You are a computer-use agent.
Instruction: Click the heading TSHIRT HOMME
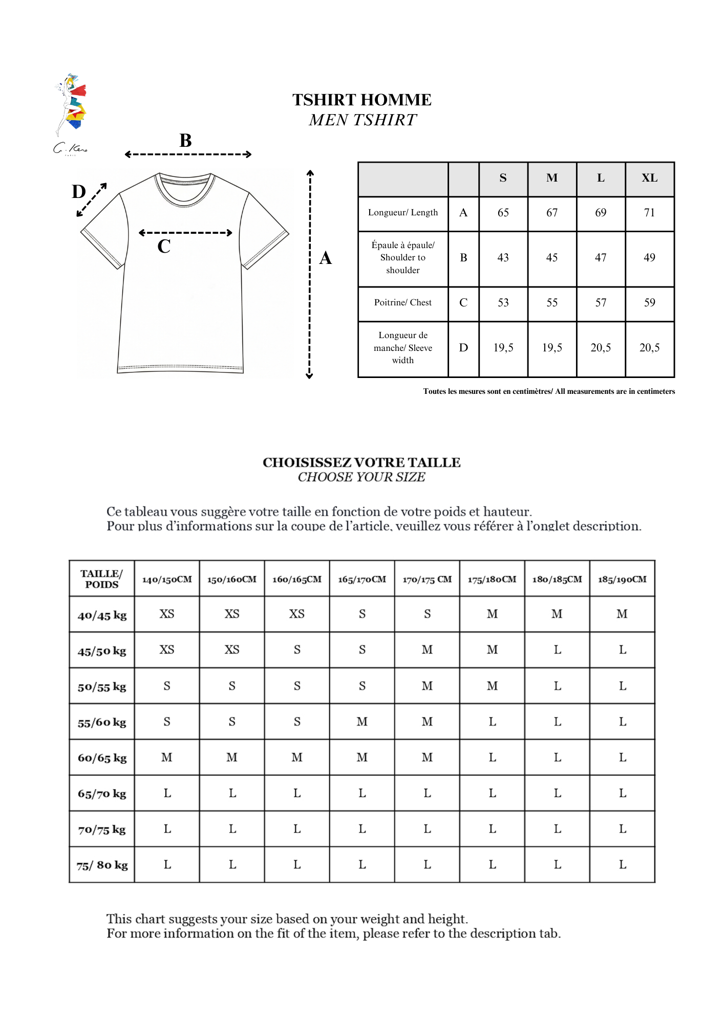(x=361, y=100)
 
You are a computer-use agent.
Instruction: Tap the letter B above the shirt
(x=185, y=141)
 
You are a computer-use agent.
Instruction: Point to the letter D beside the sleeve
(x=79, y=192)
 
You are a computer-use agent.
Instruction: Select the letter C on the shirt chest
(x=164, y=247)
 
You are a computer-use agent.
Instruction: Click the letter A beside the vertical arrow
(x=326, y=258)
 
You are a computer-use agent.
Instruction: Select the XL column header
(x=649, y=178)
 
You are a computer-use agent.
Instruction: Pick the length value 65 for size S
(x=503, y=213)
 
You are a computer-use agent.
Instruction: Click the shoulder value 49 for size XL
(x=649, y=258)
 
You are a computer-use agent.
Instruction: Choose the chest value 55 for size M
(x=551, y=303)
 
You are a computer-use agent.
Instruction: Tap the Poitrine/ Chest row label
(x=403, y=303)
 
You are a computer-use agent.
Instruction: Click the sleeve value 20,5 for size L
(x=601, y=348)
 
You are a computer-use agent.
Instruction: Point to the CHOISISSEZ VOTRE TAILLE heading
(x=361, y=462)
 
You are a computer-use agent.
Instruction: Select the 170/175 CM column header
(x=427, y=580)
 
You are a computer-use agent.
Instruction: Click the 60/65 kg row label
(x=102, y=758)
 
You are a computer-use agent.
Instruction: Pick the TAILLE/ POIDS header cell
(x=102, y=579)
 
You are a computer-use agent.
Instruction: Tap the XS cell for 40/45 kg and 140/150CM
(x=167, y=614)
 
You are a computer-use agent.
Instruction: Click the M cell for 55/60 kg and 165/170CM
(x=362, y=722)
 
